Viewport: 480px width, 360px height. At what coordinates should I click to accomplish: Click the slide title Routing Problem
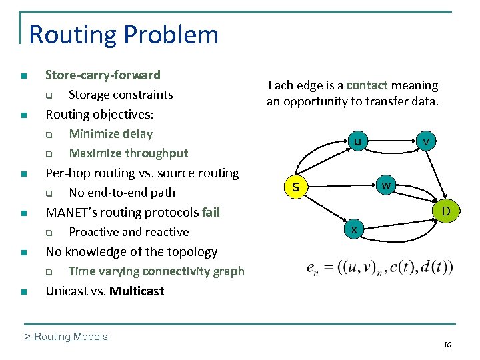click(124, 35)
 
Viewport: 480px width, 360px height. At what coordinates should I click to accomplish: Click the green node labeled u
click(357, 141)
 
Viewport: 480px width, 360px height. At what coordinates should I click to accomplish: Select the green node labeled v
click(425, 141)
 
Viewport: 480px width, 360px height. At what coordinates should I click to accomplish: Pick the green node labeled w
click(386, 184)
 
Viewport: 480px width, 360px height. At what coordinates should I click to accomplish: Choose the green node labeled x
click(355, 229)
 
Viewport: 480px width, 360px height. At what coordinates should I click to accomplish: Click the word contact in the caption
click(367, 85)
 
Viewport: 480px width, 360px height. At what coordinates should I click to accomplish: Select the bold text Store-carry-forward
click(103, 75)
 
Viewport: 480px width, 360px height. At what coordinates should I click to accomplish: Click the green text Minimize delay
click(111, 134)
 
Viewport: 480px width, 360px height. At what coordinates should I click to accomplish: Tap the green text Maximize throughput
click(129, 153)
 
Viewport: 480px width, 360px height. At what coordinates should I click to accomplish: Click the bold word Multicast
click(137, 291)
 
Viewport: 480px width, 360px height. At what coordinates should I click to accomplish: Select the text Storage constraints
click(121, 95)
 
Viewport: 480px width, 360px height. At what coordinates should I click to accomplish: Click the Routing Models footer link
click(66, 337)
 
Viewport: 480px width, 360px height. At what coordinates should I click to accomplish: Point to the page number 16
click(447, 345)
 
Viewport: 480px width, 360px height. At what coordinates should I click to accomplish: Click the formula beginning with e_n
click(379, 267)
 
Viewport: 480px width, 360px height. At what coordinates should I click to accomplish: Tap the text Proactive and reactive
click(129, 232)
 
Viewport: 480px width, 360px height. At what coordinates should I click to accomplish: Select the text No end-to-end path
click(122, 193)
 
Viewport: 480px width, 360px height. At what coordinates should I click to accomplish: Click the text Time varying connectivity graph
click(156, 271)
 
